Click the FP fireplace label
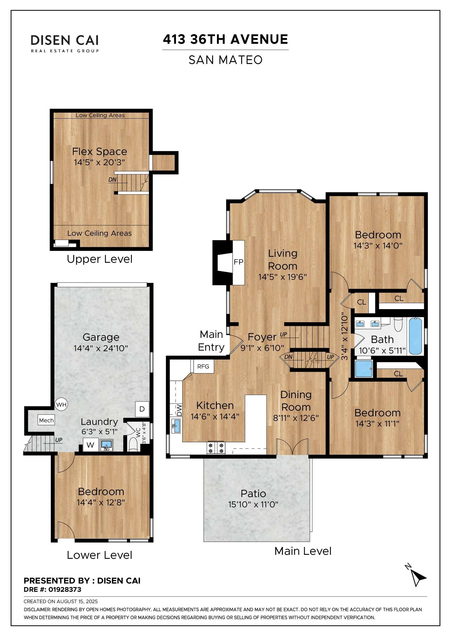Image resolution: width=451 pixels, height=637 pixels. (238, 262)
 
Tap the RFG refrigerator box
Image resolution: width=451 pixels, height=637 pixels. (203, 366)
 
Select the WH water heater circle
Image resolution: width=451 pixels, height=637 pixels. (61, 404)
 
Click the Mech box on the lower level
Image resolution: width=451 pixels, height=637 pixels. (46, 420)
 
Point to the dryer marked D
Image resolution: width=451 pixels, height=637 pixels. (142, 409)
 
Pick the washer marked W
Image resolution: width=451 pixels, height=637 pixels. (91, 445)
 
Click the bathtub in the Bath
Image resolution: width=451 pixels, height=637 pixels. (415, 336)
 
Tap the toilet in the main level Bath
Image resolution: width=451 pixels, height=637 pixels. (398, 324)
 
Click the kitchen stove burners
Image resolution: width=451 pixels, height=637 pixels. (216, 448)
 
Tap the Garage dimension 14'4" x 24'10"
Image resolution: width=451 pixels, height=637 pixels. (101, 348)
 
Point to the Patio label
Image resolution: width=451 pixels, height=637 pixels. (253, 493)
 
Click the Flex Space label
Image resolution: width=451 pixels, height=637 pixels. (99, 152)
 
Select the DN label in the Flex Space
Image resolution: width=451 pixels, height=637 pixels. (112, 180)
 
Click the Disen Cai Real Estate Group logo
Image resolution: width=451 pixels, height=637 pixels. (65, 44)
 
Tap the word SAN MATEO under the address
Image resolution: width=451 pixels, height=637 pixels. (225, 60)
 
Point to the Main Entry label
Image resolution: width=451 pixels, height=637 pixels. (211, 341)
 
